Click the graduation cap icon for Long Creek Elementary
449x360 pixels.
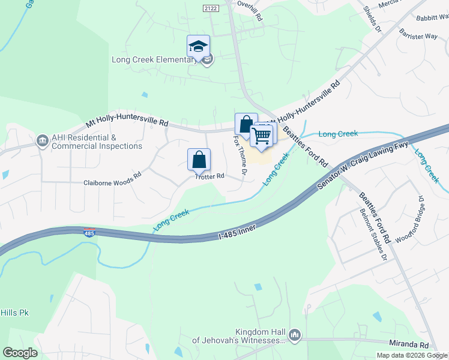click(198, 46)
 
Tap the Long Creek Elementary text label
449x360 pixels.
click(154, 59)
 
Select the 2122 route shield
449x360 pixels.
click(211, 7)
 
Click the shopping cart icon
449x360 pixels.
click(262, 136)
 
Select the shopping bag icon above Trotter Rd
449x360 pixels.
click(199, 160)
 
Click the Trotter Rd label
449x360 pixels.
click(209, 176)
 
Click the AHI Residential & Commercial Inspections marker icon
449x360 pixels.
click(43, 141)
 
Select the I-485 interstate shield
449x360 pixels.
click(89, 233)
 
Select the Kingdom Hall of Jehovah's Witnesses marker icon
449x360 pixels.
click(294, 335)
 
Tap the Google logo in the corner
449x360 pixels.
click(20, 353)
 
